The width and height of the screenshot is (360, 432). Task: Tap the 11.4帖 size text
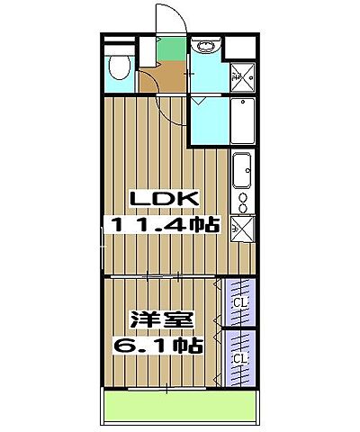pos(164,225)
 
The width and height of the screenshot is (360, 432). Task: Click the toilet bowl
pos(117,67)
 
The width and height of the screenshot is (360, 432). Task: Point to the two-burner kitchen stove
pos(242,201)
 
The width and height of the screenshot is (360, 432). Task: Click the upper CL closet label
pos(239,303)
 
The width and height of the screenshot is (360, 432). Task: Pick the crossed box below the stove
pos(242,228)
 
